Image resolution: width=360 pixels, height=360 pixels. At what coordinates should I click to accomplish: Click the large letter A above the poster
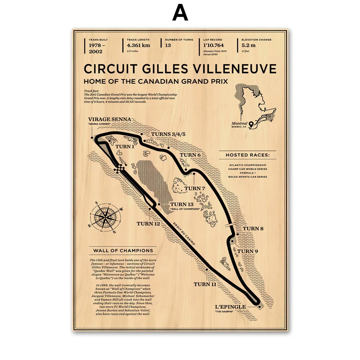point(180,13)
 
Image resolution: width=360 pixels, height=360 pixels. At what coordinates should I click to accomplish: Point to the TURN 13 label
point(182,204)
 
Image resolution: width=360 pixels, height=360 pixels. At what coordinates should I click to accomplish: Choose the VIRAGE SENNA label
point(109,120)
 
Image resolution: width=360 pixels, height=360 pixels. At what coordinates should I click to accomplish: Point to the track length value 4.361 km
point(139,45)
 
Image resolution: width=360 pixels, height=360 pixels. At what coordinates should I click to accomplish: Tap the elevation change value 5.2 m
point(248,45)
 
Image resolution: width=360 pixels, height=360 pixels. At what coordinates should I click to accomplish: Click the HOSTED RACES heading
point(248,155)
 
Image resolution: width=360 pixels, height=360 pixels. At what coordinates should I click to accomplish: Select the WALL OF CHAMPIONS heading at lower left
point(123,250)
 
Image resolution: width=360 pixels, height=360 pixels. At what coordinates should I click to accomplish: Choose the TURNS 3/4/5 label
point(168,134)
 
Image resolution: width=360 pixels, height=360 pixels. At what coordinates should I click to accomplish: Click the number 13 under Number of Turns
point(168,45)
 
